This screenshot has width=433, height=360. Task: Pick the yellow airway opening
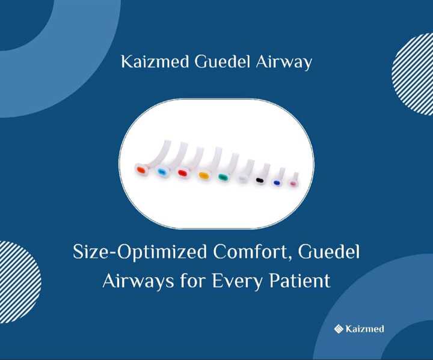[203, 175]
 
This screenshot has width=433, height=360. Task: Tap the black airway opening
[260, 180]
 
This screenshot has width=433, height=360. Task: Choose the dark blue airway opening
[276, 183]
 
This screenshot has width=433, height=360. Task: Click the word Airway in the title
[284, 63]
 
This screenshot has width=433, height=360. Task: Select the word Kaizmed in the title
[155, 62]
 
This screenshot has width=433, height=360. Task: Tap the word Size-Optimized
[140, 252]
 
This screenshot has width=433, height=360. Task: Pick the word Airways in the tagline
[138, 282]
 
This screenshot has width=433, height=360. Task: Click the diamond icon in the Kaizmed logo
[339, 329]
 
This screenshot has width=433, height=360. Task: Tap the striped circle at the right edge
[413, 74]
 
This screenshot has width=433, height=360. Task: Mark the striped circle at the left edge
[20, 282]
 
